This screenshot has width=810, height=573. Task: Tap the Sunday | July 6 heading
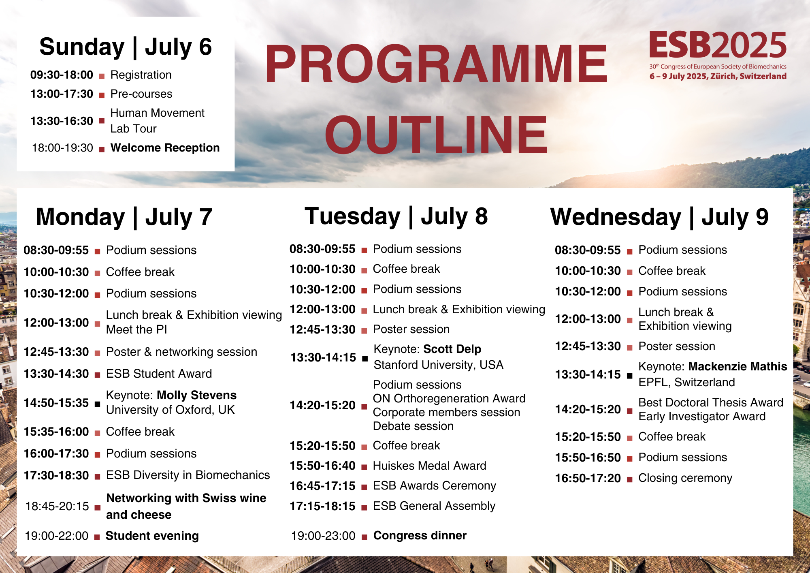126,47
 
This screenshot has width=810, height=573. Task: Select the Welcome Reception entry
165,148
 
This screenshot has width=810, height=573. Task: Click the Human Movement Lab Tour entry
157,121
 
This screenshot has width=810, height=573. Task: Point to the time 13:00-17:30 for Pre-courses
62,94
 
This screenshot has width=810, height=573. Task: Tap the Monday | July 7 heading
124,217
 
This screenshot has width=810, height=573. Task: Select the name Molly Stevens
196,395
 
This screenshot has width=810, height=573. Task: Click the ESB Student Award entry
159,374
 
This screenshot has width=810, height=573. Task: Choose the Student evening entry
152,536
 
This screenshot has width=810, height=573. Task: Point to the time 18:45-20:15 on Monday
57,506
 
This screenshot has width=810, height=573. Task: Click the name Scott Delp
452,349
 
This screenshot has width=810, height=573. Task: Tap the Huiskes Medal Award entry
429,466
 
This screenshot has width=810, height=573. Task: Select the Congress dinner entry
420,535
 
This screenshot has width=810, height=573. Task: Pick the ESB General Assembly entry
434,506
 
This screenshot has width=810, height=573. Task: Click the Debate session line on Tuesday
413,426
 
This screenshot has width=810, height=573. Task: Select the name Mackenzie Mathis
738,366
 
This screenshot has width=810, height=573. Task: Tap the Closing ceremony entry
685,478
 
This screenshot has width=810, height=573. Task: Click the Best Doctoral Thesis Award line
711,402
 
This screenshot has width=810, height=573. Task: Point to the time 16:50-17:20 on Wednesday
588,479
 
